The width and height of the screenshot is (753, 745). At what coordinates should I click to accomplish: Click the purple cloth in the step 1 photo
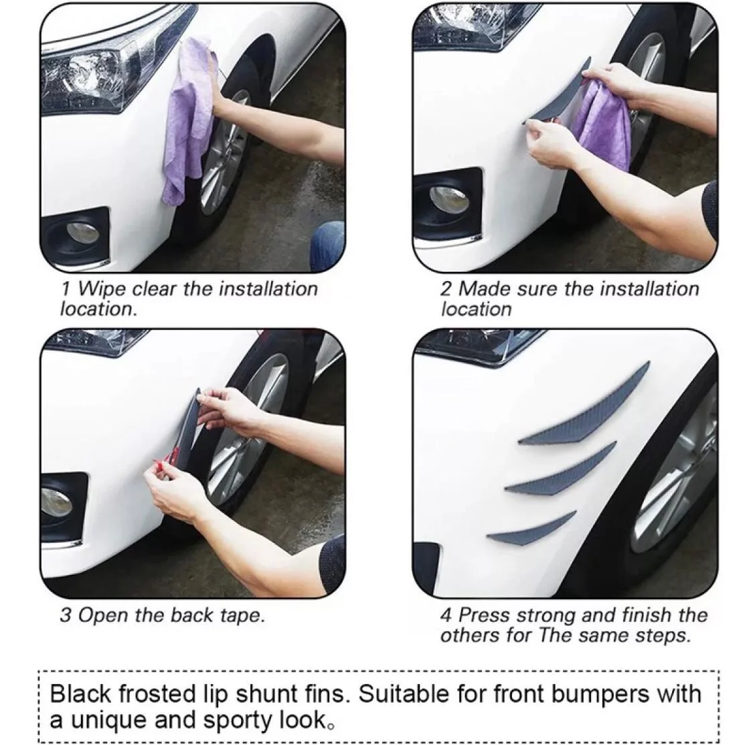click(x=187, y=120)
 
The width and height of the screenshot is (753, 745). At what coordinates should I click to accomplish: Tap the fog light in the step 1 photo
click(x=82, y=232)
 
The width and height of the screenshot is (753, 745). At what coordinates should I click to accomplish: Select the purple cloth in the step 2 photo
click(x=602, y=122)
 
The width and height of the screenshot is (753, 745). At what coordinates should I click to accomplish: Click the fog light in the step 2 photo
click(x=449, y=199)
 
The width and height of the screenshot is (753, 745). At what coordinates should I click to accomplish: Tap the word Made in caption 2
click(x=481, y=288)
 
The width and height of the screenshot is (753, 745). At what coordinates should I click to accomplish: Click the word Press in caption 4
click(x=483, y=615)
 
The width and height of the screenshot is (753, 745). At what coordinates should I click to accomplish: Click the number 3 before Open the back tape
click(x=66, y=615)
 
